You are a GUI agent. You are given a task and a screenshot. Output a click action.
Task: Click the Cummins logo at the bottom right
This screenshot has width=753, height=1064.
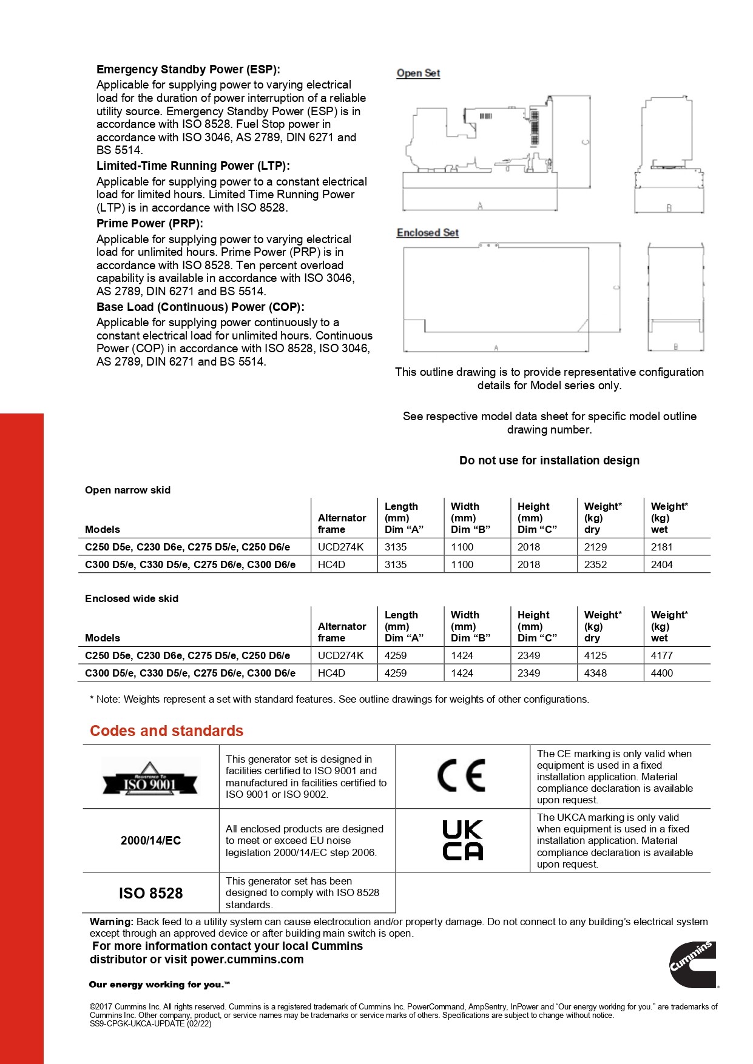point(693,964)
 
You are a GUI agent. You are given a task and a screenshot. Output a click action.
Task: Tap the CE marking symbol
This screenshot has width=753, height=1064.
point(462,775)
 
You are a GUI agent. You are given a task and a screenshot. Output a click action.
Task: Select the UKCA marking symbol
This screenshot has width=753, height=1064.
point(462,840)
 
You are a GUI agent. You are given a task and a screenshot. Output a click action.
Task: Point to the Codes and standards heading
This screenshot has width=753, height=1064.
point(166,731)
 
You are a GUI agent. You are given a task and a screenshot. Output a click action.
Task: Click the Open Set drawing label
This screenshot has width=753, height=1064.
point(418,73)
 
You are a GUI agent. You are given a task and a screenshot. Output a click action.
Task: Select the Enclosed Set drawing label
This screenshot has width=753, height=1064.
point(427,233)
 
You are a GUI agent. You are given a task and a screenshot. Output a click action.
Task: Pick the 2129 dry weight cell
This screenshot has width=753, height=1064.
point(595,547)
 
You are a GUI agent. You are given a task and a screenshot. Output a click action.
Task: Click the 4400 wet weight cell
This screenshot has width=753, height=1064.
point(662,673)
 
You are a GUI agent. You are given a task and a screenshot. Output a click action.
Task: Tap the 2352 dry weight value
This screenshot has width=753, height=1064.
point(595,564)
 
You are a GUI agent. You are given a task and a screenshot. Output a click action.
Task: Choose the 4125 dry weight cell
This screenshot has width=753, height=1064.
point(595,655)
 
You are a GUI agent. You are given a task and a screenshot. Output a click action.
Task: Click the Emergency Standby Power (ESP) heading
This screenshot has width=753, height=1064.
point(188,69)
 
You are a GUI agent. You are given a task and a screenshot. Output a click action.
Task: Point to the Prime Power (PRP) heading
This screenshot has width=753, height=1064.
point(150,223)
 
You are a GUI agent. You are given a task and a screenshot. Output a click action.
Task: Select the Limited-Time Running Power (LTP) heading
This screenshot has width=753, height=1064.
point(193,166)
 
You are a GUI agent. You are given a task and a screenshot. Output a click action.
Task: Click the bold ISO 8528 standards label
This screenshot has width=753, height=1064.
point(150,893)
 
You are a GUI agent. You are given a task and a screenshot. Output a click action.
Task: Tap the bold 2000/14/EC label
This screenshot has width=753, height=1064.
point(150,840)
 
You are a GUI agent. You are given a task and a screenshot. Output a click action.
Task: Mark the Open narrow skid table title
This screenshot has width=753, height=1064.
point(127,490)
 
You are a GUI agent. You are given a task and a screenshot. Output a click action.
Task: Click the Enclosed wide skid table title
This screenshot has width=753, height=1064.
point(132,598)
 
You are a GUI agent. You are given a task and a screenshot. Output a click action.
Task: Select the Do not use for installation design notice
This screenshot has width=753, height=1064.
point(549,460)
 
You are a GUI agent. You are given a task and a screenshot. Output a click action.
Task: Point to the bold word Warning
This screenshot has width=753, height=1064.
point(111,922)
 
